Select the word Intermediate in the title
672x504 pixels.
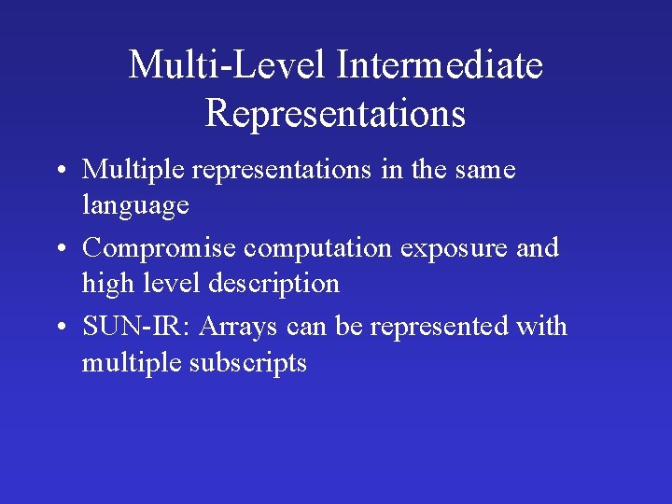click(x=440, y=66)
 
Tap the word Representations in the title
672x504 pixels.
click(x=335, y=114)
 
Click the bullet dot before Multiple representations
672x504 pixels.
click(x=59, y=172)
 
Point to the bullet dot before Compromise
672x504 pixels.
click(x=59, y=250)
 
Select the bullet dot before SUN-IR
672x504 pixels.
click(x=59, y=329)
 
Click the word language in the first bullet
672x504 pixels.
click(x=135, y=205)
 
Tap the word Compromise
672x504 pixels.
click(x=160, y=249)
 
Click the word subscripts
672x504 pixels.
click(x=248, y=362)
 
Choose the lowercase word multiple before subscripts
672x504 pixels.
click(x=132, y=362)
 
